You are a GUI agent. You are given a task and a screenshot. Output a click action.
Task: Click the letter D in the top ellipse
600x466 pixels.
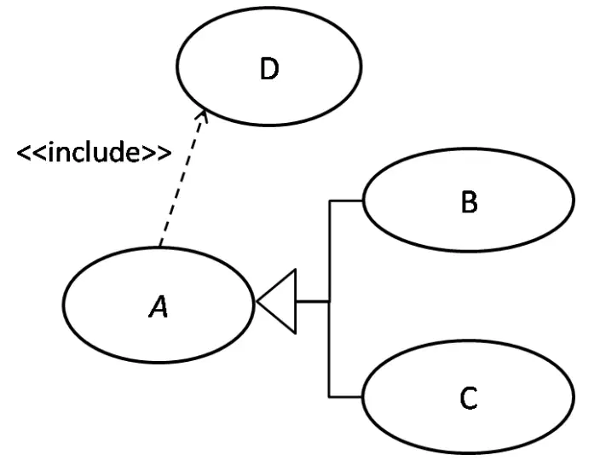269,69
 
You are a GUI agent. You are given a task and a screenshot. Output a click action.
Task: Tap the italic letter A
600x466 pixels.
159,306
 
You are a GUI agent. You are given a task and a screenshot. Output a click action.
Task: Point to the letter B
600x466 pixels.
469,202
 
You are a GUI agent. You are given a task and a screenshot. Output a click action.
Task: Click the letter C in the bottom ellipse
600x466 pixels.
469,398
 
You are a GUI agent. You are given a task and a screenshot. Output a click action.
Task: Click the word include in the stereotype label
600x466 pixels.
94,152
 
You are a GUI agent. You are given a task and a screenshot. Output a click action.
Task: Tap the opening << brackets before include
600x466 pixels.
32,153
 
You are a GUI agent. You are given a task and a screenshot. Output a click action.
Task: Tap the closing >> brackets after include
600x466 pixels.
156,153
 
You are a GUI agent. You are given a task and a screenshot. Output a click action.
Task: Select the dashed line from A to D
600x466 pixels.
183,178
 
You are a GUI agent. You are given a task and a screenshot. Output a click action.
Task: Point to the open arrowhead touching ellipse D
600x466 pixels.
204,115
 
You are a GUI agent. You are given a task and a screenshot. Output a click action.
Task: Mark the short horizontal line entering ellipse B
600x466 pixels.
345,201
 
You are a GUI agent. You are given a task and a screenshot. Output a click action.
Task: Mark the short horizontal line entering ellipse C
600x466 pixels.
345,397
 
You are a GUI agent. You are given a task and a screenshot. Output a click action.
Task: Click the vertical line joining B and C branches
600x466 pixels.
329,299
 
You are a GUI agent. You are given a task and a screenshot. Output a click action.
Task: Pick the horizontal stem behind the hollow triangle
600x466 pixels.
313,301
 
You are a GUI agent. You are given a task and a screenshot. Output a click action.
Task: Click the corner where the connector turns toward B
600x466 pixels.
329,201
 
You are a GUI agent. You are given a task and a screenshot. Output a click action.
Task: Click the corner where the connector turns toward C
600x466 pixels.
329,397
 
